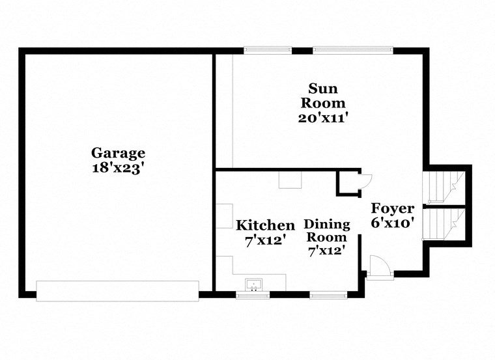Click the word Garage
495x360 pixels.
[x=118, y=153]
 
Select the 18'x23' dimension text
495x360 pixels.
[x=118, y=167]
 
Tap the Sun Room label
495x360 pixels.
[x=327, y=95]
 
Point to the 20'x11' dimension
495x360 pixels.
[x=327, y=118]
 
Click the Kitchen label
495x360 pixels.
[x=265, y=225]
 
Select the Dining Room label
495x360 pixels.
[x=327, y=230]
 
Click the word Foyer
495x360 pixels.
[x=393, y=208]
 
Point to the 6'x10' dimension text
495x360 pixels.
[x=393, y=223]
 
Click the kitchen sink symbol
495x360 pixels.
[x=253, y=284]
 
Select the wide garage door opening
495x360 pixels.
[x=117, y=291]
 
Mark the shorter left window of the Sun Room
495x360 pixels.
[x=268, y=49]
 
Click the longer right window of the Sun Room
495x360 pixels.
[x=353, y=49]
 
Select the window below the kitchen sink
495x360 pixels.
[x=253, y=295]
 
